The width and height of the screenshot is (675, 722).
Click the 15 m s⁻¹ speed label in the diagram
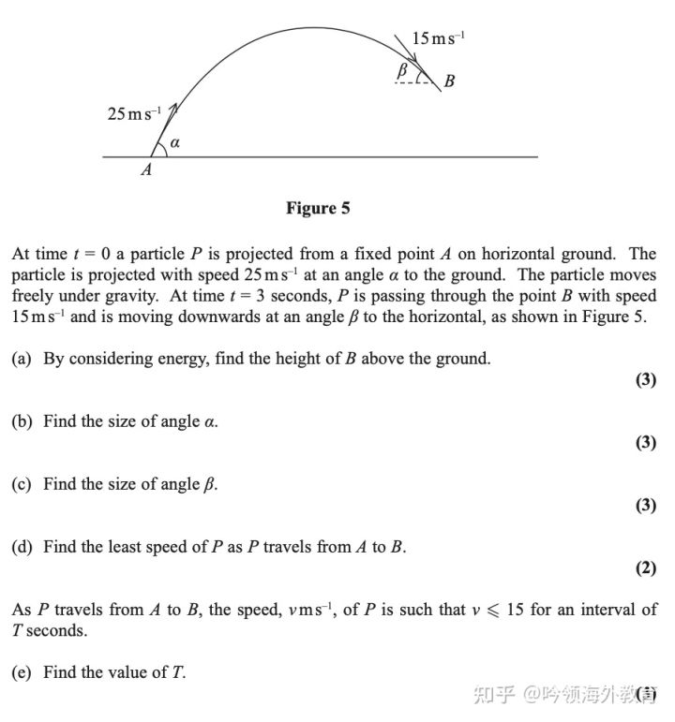tap(438, 37)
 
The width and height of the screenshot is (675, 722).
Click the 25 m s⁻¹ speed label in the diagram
tap(134, 114)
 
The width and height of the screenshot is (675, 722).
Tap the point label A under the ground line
tap(146, 171)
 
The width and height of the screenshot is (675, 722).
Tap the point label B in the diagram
tap(449, 81)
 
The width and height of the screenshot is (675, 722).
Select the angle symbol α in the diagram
tap(174, 144)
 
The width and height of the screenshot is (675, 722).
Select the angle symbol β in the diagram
tap(402, 69)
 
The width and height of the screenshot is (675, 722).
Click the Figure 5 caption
tap(318, 208)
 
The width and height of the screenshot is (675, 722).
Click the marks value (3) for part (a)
tap(645, 380)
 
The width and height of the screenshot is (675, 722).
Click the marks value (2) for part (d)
tap(645, 567)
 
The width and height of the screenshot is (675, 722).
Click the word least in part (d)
tap(131, 547)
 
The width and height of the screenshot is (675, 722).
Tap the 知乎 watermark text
tap(496, 695)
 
